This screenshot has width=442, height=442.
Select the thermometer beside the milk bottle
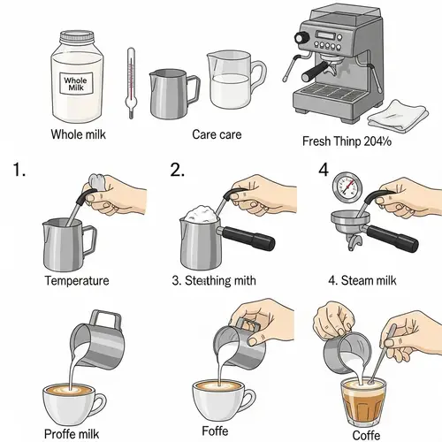(x=131, y=82)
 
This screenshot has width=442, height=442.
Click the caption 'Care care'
(x=217, y=135)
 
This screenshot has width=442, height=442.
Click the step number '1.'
(x=19, y=169)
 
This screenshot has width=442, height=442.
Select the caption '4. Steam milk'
(x=363, y=281)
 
